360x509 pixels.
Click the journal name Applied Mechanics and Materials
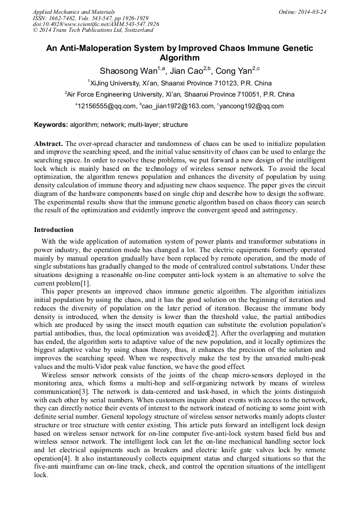[74, 12]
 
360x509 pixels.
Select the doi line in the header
[96, 24]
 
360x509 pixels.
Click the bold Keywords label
[51, 125]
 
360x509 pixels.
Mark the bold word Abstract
[48, 144]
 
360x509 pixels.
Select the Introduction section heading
[54, 230]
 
